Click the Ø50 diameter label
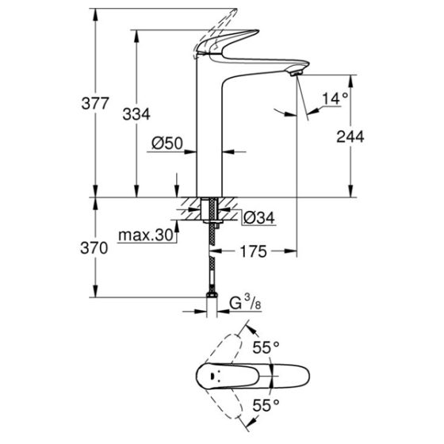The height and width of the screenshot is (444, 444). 167,144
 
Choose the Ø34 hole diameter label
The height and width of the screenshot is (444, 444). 258,216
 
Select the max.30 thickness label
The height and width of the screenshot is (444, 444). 146,235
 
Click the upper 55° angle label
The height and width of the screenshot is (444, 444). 266,346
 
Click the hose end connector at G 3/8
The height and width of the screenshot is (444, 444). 211,301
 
